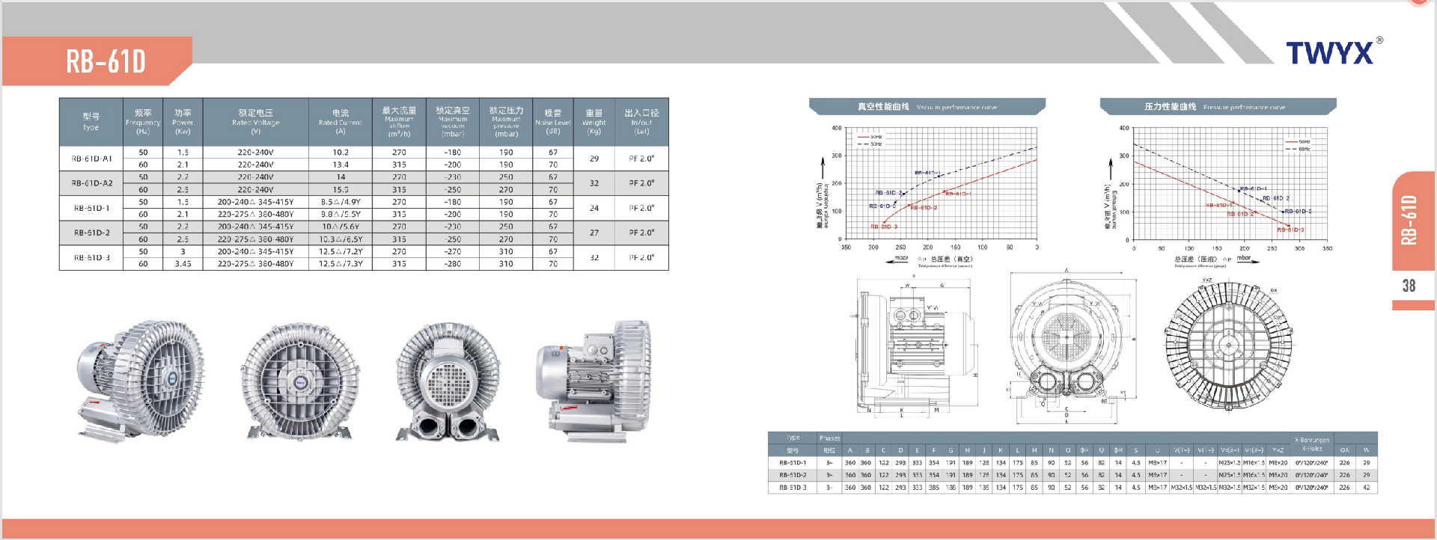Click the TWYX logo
(x=1330, y=53)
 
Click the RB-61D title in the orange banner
(x=106, y=61)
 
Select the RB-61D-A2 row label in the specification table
(x=92, y=183)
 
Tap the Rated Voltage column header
(x=255, y=121)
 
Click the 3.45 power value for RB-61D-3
(x=183, y=264)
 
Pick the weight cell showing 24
(x=594, y=208)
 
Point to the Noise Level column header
(x=552, y=121)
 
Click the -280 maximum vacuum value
(x=452, y=264)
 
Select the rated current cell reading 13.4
(x=341, y=165)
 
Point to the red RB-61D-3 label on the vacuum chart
(x=884, y=227)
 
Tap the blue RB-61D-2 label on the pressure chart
(x=1276, y=198)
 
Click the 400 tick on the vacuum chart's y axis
(x=836, y=128)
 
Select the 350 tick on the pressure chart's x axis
(x=1327, y=248)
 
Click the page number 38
(x=1409, y=286)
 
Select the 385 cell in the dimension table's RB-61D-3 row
(x=933, y=488)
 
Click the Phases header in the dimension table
(x=829, y=438)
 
